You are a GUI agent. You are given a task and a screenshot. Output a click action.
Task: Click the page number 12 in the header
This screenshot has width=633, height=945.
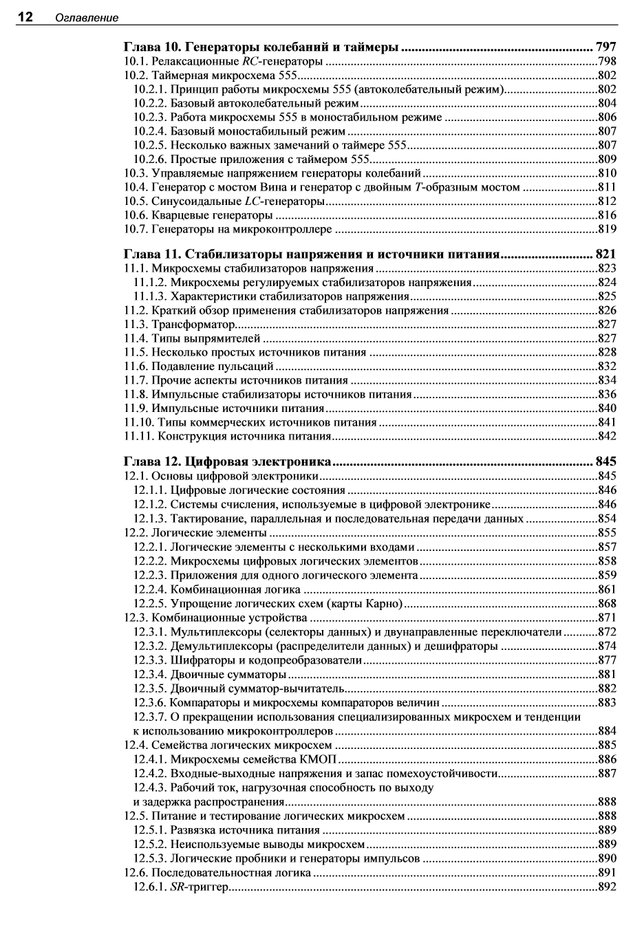25,17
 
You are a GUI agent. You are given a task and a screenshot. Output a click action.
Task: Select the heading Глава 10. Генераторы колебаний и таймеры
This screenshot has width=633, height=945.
261,47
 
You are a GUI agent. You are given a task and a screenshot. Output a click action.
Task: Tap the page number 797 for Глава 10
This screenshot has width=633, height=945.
605,47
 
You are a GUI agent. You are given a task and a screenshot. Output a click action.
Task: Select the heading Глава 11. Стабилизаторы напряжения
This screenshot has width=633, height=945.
310,254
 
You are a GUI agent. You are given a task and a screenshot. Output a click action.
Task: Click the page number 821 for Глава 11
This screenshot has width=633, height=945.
605,254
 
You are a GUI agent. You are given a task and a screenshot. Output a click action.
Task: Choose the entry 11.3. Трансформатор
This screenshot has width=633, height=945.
178,324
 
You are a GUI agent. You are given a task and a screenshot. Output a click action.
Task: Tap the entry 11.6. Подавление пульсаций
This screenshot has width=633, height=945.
199,366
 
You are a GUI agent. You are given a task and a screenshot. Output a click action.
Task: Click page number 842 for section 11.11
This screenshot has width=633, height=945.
607,436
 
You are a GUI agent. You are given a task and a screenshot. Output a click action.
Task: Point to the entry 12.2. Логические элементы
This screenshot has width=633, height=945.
195,532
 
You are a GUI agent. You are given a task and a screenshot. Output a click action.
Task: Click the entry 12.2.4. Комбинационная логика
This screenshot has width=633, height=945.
217,589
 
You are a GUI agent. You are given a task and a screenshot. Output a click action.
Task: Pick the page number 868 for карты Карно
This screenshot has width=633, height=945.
607,603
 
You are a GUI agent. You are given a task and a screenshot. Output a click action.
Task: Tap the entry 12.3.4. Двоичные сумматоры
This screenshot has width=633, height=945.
209,673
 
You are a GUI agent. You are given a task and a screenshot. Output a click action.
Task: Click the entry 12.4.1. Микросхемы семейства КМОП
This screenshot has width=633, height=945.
236,759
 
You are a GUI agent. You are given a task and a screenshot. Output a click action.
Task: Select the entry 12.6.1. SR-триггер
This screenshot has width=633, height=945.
180,887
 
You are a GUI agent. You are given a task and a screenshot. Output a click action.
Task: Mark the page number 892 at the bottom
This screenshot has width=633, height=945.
607,887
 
